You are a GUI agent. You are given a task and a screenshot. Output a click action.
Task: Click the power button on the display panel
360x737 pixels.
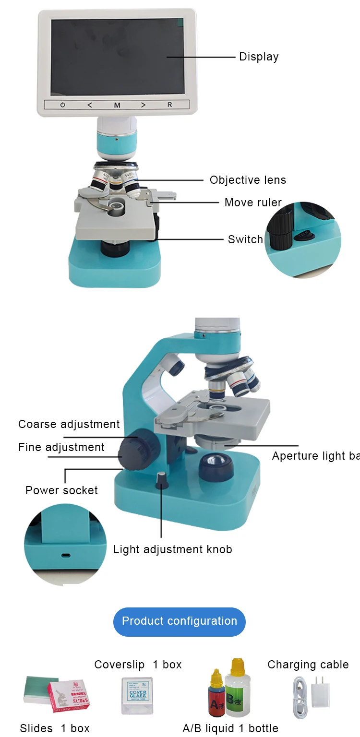(x=62, y=105)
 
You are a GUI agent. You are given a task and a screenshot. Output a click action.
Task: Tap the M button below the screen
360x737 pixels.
(x=117, y=105)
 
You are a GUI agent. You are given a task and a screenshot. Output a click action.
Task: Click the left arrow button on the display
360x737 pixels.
(x=90, y=105)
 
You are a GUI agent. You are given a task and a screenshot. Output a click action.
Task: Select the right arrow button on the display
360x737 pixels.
(x=143, y=105)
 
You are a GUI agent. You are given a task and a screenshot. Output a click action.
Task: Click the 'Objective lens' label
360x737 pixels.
(x=248, y=180)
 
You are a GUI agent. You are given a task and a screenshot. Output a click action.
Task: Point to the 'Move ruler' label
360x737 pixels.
(x=253, y=202)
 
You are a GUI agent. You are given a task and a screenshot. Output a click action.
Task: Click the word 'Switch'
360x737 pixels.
(x=245, y=239)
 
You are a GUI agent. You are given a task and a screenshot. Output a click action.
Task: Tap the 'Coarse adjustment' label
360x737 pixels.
(x=69, y=424)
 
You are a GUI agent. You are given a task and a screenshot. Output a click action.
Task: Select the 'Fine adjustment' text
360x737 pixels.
(x=61, y=447)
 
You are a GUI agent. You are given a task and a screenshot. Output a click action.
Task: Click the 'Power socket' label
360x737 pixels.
(x=61, y=490)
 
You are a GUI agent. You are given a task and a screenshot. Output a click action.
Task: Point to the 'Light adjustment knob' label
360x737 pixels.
(x=173, y=549)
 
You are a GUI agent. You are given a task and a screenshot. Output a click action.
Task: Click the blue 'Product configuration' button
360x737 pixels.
(x=180, y=621)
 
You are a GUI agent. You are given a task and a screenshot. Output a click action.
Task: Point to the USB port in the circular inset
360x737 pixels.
(x=65, y=556)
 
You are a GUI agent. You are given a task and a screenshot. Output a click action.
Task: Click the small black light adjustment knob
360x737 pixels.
(x=162, y=480)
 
